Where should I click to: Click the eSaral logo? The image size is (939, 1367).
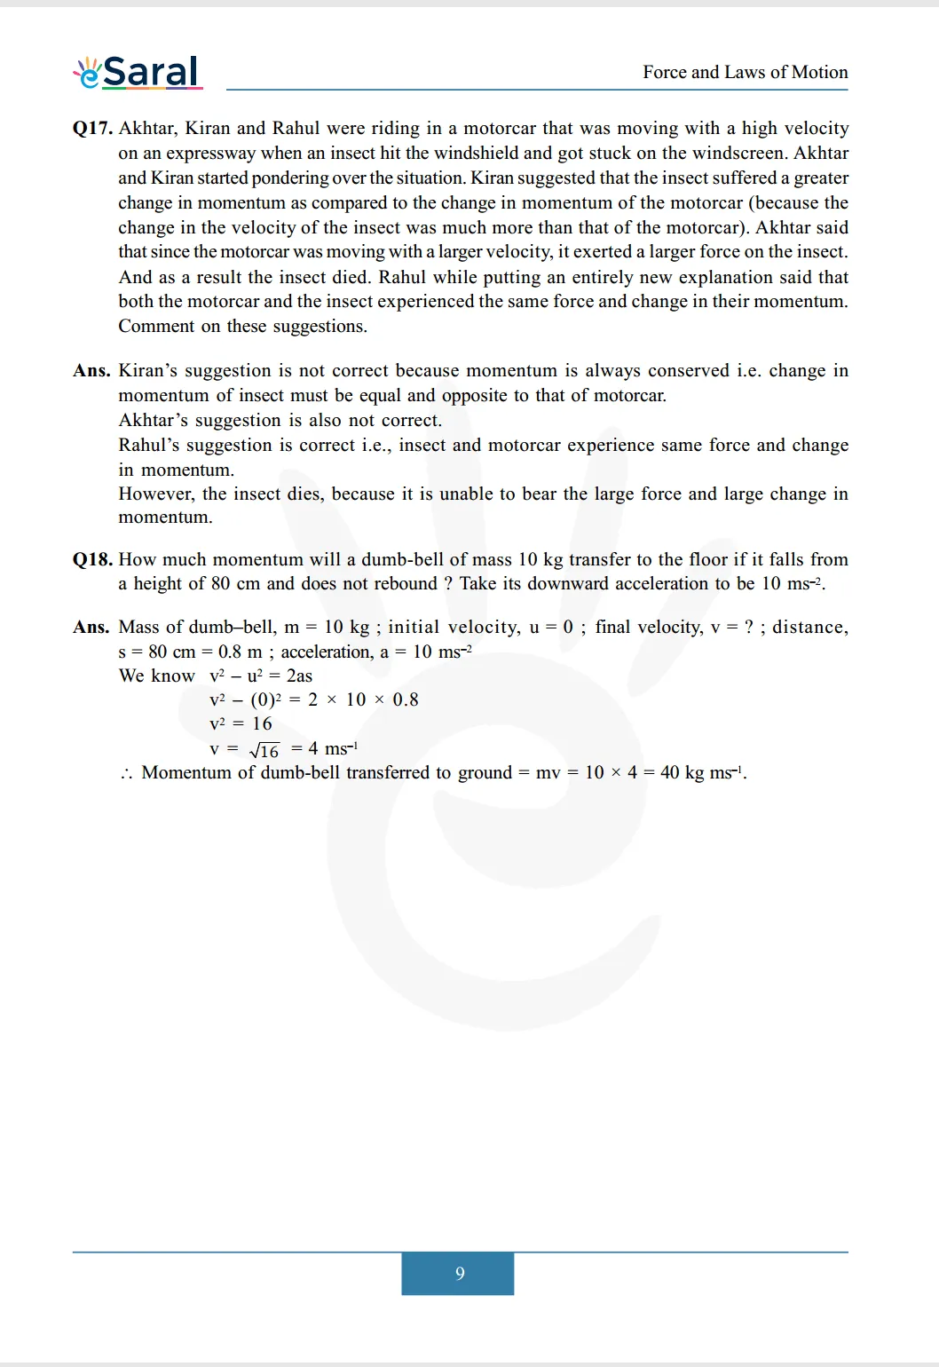click(x=138, y=72)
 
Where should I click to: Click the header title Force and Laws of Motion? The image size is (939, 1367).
click(x=745, y=72)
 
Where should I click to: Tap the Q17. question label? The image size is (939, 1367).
click(x=92, y=129)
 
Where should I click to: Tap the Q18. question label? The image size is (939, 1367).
click(x=92, y=559)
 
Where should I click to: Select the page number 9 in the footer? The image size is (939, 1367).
click(x=459, y=1273)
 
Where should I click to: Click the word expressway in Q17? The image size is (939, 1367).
click(x=209, y=154)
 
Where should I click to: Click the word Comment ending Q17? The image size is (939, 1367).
click(x=155, y=327)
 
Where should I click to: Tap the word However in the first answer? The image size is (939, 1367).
click(x=155, y=494)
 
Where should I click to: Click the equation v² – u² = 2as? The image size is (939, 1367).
click(x=261, y=676)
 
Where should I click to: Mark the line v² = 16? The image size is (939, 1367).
click(x=241, y=723)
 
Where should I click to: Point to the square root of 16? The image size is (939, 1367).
click(x=264, y=750)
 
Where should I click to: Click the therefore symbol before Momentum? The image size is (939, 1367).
click(x=126, y=773)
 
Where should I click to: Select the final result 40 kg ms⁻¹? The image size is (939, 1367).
click(x=702, y=772)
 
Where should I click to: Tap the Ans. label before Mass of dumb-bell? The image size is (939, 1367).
click(x=91, y=628)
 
